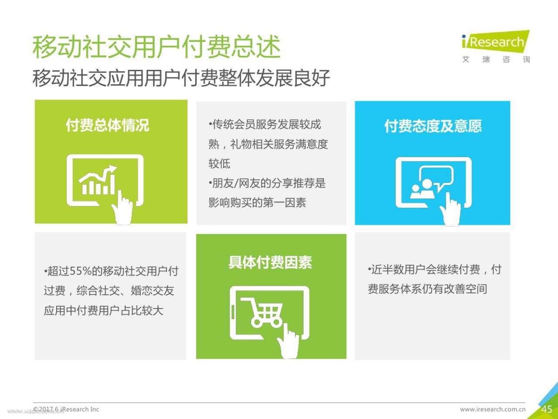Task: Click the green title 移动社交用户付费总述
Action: pyautogui.click(x=157, y=47)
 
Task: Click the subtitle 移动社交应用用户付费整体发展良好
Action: pyautogui.click(x=181, y=78)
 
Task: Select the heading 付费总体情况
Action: pyautogui.click(x=107, y=125)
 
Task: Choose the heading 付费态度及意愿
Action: pyautogui.click(x=433, y=126)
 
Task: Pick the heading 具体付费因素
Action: pyautogui.click(x=270, y=262)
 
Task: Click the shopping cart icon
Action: pyautogui.click(x=262, y=313)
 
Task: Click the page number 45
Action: pyautogui.click(x=547, y=409)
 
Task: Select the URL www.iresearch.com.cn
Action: pyautogui.click(x=493, y=409)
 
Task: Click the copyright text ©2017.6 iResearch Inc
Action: pyautogui.click(x=66, y=409)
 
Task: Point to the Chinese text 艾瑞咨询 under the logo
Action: pyautogui.click(x=496, y=59)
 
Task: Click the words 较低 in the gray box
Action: pyautogui.click(x=219, y=164)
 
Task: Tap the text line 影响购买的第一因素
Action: pyautogui.click(x=257, y=203)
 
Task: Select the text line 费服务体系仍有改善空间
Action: pyautogui.click(x=428, y=289)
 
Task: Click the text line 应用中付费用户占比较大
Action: pyautogui.click(x=103, y=310)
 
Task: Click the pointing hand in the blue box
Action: pyautogui.click(x=450, y=209)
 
